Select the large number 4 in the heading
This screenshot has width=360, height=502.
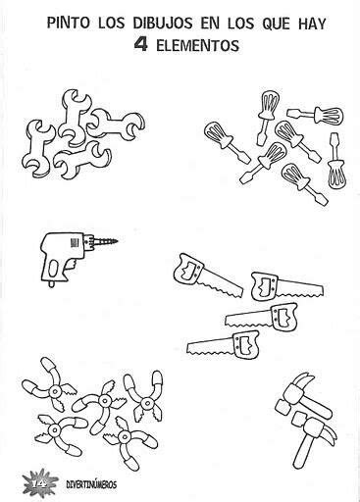click(x=141, y=45)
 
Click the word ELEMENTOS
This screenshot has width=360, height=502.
click(x=198, y=45)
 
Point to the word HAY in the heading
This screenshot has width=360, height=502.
click(x=312, y=24)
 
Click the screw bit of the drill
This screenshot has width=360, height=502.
click(x=106, y=242)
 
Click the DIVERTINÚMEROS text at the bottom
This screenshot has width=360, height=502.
click(x=91, y=484)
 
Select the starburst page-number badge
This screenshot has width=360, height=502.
click(x=39, y=482)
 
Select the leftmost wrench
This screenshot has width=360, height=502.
click(x=37, y=149)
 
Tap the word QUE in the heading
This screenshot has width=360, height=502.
click(x=275, y=24)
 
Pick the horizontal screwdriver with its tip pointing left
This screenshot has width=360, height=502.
click(x=316, y=115)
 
